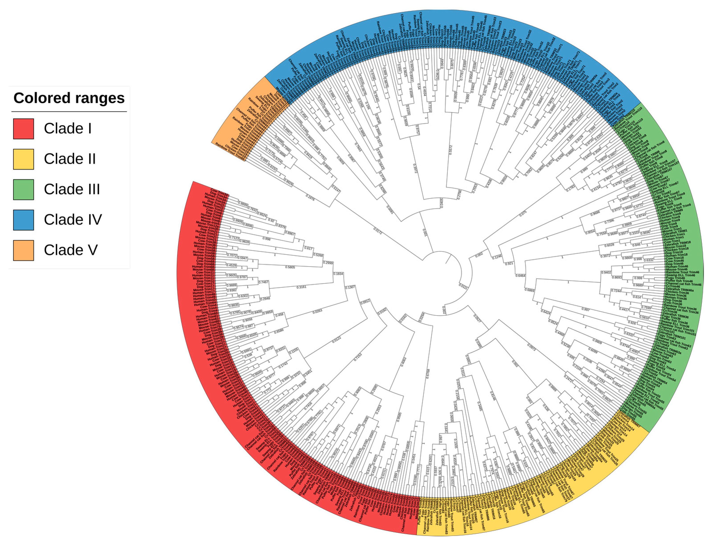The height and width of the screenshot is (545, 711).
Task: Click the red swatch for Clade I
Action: [x=23, y=129]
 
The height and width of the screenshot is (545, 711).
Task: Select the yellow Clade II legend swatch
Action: [x=23, y=159]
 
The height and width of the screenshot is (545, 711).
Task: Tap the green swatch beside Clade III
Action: [x=23, y=190]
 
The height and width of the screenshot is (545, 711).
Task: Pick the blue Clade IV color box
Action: [x=23, y=220]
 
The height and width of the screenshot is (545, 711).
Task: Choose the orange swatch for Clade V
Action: [x=23, y=250]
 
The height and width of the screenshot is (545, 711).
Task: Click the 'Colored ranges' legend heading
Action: [x=69, y=98]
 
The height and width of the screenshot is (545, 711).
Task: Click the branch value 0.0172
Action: [x=378, y=231]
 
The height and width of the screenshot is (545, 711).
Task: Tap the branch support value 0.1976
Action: [x=310, y=197]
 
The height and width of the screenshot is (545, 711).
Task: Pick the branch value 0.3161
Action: [x=301, y=287]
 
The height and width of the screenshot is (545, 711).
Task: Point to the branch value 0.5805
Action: [x=290, y=267]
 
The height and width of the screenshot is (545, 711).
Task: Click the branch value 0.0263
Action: [x=317, y=311]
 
